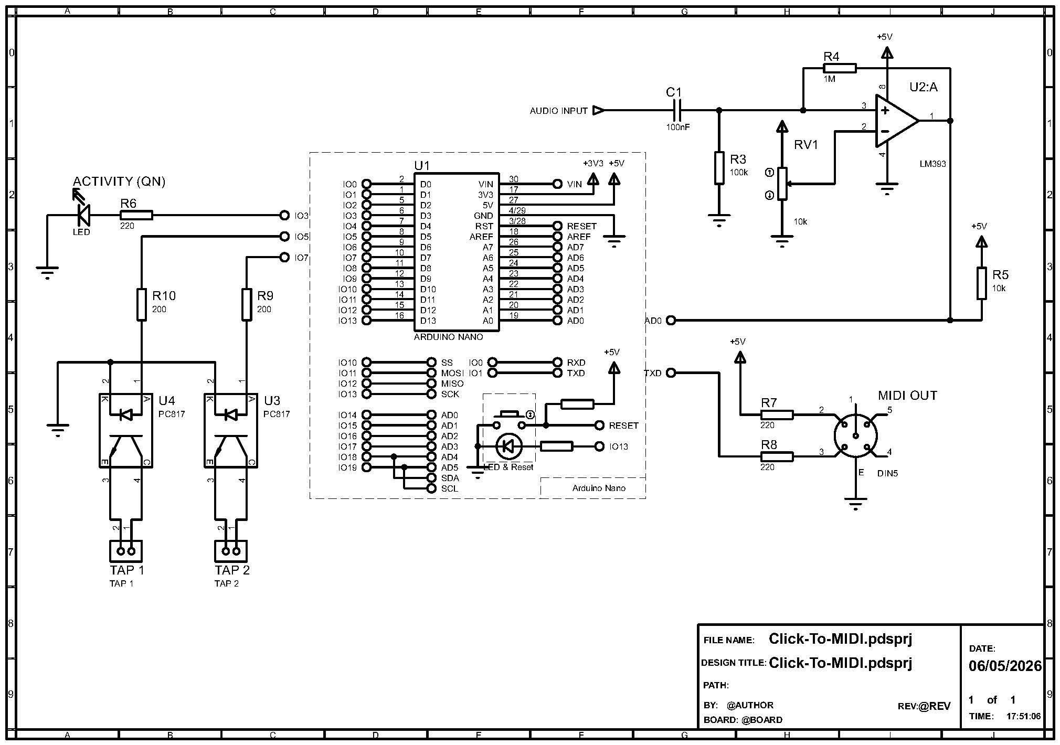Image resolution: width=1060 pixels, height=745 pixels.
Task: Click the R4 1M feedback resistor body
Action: click(840, 68)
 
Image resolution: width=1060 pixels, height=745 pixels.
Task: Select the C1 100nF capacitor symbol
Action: click(677, 110)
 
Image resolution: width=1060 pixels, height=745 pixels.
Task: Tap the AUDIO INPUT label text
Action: click(558, 111)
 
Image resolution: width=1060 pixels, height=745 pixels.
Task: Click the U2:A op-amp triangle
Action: click(897, 121)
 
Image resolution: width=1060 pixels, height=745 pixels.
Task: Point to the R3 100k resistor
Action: click(719, 168)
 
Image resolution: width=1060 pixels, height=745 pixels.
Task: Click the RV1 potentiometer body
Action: click(782, 184)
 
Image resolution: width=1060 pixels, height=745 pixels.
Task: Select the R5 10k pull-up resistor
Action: click(981, 283)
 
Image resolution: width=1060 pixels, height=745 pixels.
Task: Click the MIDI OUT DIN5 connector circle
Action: click(855, 435)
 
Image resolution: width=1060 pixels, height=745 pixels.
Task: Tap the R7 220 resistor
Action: click(777, 414)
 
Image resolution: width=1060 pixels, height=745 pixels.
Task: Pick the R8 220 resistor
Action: click(777, 456)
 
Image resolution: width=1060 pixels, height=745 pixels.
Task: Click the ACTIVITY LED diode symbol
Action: click(83, 215)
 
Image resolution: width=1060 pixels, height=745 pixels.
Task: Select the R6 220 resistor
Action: click(136, 215)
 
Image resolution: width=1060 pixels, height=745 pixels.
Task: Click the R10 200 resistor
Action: click(141, 304)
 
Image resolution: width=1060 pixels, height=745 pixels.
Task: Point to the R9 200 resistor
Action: click(247, 304)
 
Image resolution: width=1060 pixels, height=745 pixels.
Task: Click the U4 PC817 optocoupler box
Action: click(126, 430)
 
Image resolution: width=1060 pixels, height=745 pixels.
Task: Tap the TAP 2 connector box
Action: click(231, 551)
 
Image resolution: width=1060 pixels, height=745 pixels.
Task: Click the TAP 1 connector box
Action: click(126, 551)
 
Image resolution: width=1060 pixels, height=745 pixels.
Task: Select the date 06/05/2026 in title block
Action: click(1005, 666)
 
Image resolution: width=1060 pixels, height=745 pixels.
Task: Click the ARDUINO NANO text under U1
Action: click(448, 337)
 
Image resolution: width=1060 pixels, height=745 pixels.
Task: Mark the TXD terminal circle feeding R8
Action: click(671, 372)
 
